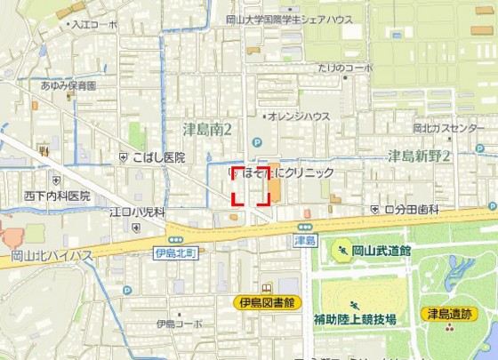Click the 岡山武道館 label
tap(381, 252)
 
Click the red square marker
tap(251, 185)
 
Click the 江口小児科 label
tap(137, 212)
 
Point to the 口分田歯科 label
tap(417, 210)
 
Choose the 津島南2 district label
tap(207, 131)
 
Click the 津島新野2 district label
tap(419, 156)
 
